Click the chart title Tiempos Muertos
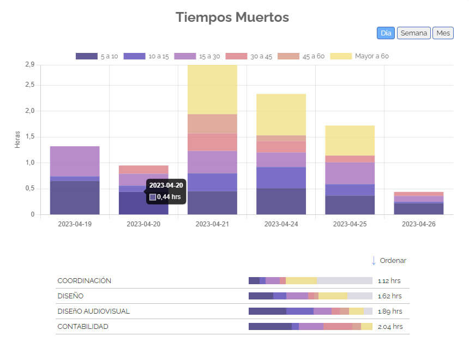pos(232,17)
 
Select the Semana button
pos(413,33)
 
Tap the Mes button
pos(443,33)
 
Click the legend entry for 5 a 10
pos(97,56)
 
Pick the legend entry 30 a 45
pos(249,56)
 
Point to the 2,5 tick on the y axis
pos(29,85)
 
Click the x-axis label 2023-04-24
pos(281,224)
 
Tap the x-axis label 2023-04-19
pos(75,224)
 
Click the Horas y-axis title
pos(17,140)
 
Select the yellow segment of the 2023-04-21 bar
pos(212,89)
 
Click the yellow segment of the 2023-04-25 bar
pos(350,140)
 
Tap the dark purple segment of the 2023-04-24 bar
pos(281,201)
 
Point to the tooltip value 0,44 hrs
pos(169,197)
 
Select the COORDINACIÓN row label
pos(85,281)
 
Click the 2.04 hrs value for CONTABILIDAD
pos(390,327)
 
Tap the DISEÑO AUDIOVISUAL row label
pos(93,311)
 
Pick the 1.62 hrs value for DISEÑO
pos(389,296)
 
